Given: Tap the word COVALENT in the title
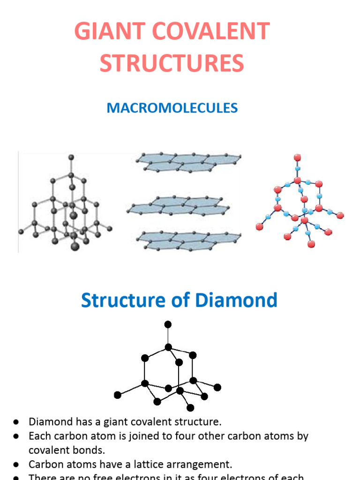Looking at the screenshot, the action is tap(211, 32).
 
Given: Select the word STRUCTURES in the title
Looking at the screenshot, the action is tap(172, 63).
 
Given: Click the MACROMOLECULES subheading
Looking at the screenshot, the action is tap(172, 108).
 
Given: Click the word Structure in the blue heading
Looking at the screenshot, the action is tap(123, 300).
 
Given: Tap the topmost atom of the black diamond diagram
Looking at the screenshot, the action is tap(168, 324).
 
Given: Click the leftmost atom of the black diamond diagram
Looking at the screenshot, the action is tap(118, 395).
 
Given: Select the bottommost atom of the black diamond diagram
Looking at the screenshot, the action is tap(190, 407).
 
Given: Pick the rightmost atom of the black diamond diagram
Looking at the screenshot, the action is tap(217, 387).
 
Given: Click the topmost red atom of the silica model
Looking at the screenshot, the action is tap(297, 157).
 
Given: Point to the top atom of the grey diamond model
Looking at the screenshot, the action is tap(71, 157).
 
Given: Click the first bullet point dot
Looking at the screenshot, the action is tap(15, 421).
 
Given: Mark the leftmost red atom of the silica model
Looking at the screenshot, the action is tap(259, 226).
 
